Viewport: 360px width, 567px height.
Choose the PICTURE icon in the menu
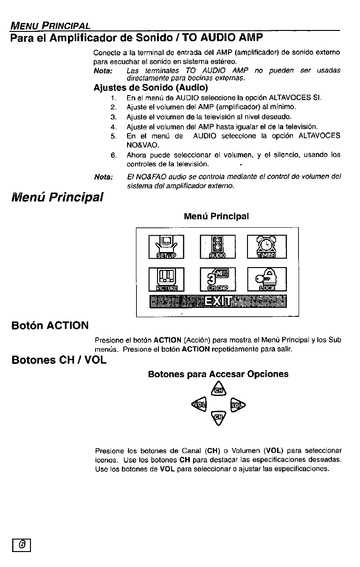click(x=167, y=279)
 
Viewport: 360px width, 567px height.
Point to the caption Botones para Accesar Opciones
click(x=218, y=374)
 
